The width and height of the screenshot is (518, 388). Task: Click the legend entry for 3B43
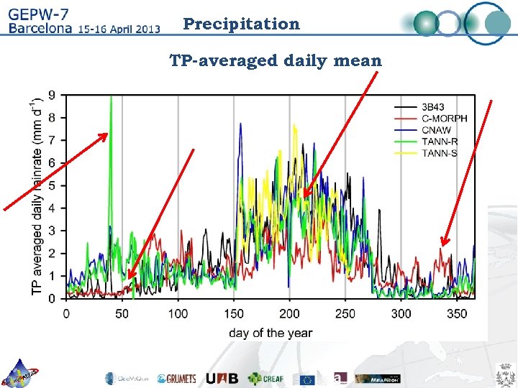point(435,107)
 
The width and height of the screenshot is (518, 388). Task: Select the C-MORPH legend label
point(443,119)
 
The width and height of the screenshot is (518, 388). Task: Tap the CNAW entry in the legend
point(436,130)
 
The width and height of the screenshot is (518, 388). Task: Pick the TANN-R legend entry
point(439,142)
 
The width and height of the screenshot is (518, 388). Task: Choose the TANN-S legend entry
point(439,153)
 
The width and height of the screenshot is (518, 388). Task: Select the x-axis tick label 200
point(289,314)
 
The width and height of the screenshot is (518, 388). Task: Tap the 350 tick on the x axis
point(457,314)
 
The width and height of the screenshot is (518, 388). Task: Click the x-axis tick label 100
point(178,314)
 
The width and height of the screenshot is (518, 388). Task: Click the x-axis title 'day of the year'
point(271,333)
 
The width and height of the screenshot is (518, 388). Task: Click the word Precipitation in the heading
point(241,24)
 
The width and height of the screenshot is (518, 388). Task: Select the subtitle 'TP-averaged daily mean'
point(276,60)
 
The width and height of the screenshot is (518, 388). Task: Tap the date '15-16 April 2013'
point(118,29)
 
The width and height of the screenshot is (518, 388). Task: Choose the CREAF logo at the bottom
point(266,378)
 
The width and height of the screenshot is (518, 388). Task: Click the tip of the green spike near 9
point(111,96)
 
